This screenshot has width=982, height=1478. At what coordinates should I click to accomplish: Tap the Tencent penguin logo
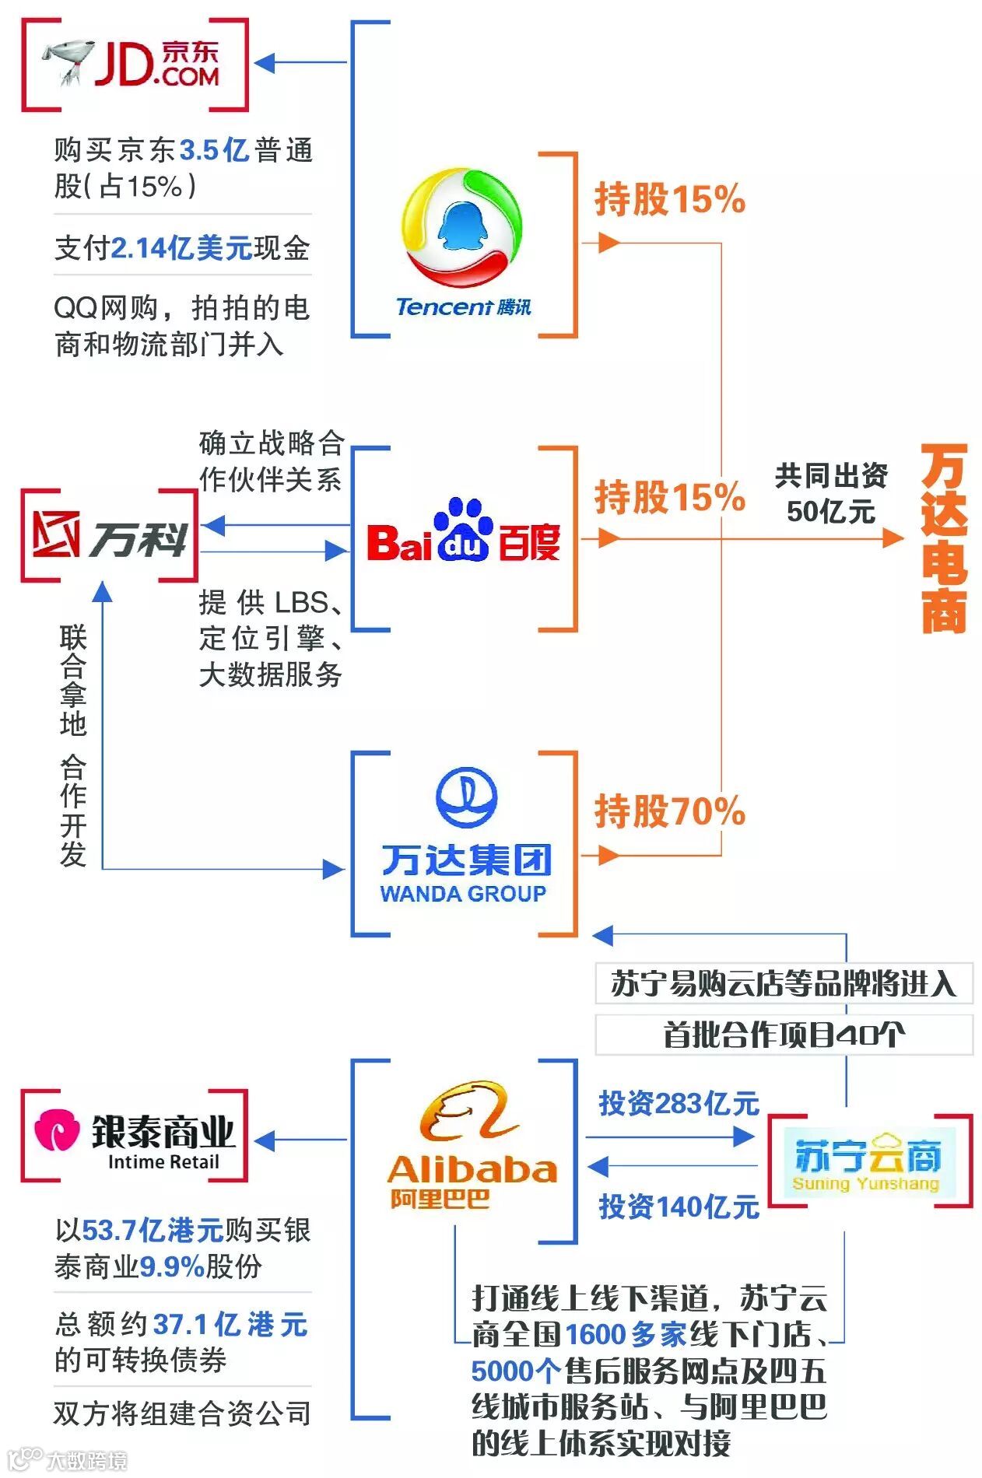pyautogui.click(x=461, y=228)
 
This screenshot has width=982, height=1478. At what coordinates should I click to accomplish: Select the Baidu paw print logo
pyautogui.click(x=462, y=529)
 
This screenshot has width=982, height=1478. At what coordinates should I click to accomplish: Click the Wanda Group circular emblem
pyautogui.click(x=465, y=797)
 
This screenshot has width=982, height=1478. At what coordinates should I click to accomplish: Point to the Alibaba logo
pyautogui.click(x=472, y=1144)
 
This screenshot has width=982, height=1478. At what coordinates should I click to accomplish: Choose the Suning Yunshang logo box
pyautogui.click(x=868, y=1161)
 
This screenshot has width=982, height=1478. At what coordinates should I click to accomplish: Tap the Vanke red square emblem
pyautogui.click(x=56, y=535)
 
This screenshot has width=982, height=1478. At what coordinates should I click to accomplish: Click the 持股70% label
pyautogui.click(x=669, y=811)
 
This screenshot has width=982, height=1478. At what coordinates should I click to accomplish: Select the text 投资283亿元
pyautogui.click(x=679, y=1103)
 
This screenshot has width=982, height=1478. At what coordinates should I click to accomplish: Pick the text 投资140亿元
pyautogui.click(x=679, y=1207)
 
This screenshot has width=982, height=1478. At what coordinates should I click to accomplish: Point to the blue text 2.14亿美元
pyautogui.click(x=182, y=248)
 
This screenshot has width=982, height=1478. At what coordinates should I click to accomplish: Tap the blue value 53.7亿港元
pyautogui.click(x=153, y=1231)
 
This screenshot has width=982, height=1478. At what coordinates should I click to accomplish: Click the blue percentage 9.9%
pyautogui.click(x=171, y=1266)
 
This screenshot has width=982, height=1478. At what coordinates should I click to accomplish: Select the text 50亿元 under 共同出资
pyautogui.click(x=830, y=512)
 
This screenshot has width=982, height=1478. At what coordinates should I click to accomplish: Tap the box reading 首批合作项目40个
pyautogui.click(x=784, y=1035)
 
